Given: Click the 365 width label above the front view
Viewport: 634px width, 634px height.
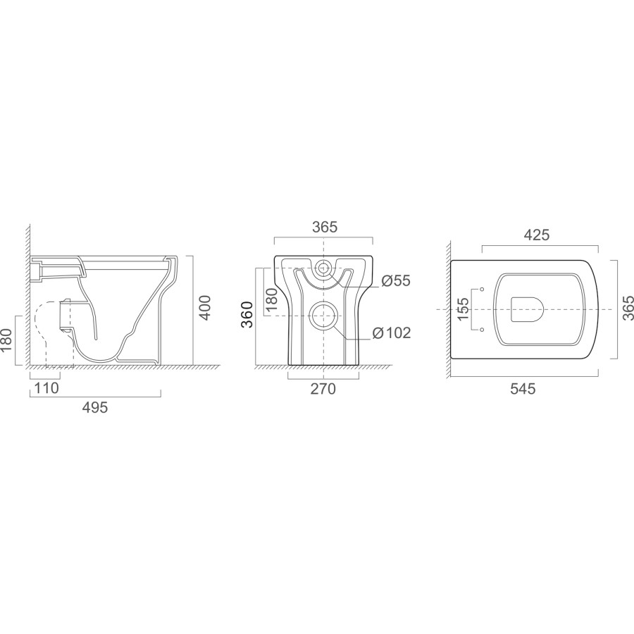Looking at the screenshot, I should point(324,227).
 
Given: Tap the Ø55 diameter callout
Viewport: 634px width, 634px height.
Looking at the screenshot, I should point(396,281).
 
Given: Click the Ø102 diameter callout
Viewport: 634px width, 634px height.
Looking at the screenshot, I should point(392,332).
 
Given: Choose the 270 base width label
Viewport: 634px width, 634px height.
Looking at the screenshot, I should point(323,388).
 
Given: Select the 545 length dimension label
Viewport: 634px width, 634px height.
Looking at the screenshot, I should point(522,388).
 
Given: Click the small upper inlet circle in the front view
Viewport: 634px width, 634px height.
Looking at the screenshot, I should point(323,268).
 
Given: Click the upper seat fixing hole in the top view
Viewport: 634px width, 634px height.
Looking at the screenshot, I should point(482,290).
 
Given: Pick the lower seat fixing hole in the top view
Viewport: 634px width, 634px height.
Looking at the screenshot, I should point(482,329).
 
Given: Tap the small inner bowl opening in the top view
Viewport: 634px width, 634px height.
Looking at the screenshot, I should point(527,309).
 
